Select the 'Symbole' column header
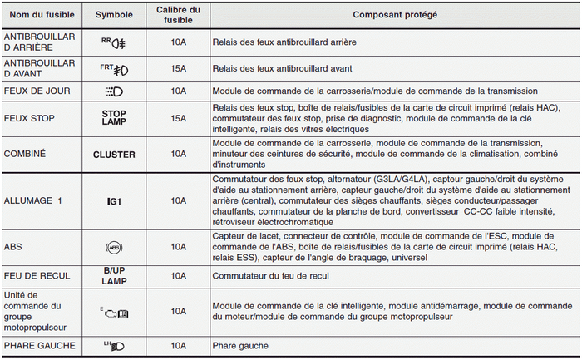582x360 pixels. click(114, 16)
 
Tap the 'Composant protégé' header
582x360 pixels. click(395, 16)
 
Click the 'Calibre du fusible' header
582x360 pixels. click(178, 16)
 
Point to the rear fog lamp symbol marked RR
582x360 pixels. click(114, 42)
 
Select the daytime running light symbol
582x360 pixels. click(114, 91)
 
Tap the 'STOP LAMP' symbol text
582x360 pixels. click(114, 118)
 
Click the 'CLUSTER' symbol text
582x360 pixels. click(114, 154)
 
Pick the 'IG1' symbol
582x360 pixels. click(114, 200)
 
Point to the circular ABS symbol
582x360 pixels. click(114, 247)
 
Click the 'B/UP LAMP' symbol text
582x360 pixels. click(114, 275)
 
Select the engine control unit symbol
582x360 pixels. click(114, 311)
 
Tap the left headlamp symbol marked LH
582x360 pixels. click(114, 346)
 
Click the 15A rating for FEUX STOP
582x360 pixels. click(178, 118)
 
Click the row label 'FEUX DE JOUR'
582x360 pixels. click(37, 91)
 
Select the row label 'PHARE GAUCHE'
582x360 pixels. click(39, 346)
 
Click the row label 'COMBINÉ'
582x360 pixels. click(26, 154)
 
